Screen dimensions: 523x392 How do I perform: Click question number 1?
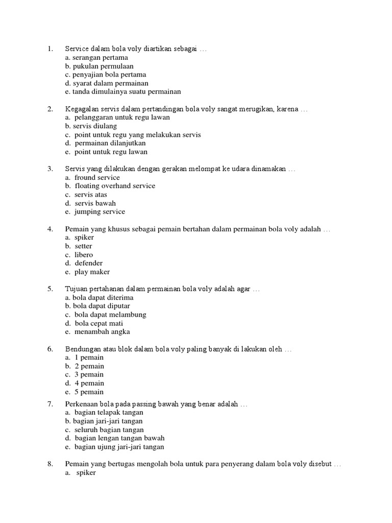pyautogui.click(x=50, y=49)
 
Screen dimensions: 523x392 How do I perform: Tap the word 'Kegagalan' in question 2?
pyautogui.click(x=82, y=109)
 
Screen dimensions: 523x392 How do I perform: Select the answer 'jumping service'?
pyautogui.click(x=100, y=211)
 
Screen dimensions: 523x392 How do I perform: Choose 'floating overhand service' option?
pyautogui.click(x=115, y=186)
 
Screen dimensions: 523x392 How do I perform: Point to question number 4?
pyautogui.click(x=50, y=229)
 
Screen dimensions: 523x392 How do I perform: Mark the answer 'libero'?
pyautogui.click(x=84, y=254)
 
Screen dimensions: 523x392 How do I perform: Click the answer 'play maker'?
pyautogui.click(x=92, y=272)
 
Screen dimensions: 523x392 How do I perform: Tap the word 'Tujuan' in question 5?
pyautogui.click(x=77, y=289)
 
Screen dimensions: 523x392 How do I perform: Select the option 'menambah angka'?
pyautogui.click(x=102, y=331)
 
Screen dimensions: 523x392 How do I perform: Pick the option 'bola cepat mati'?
pyautogui.click(x=99, y=323)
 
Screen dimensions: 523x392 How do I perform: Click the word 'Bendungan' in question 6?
pyautogui.click(x=83, y=349)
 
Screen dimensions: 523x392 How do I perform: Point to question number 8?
pyautogui.click(x=50, y=464)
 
